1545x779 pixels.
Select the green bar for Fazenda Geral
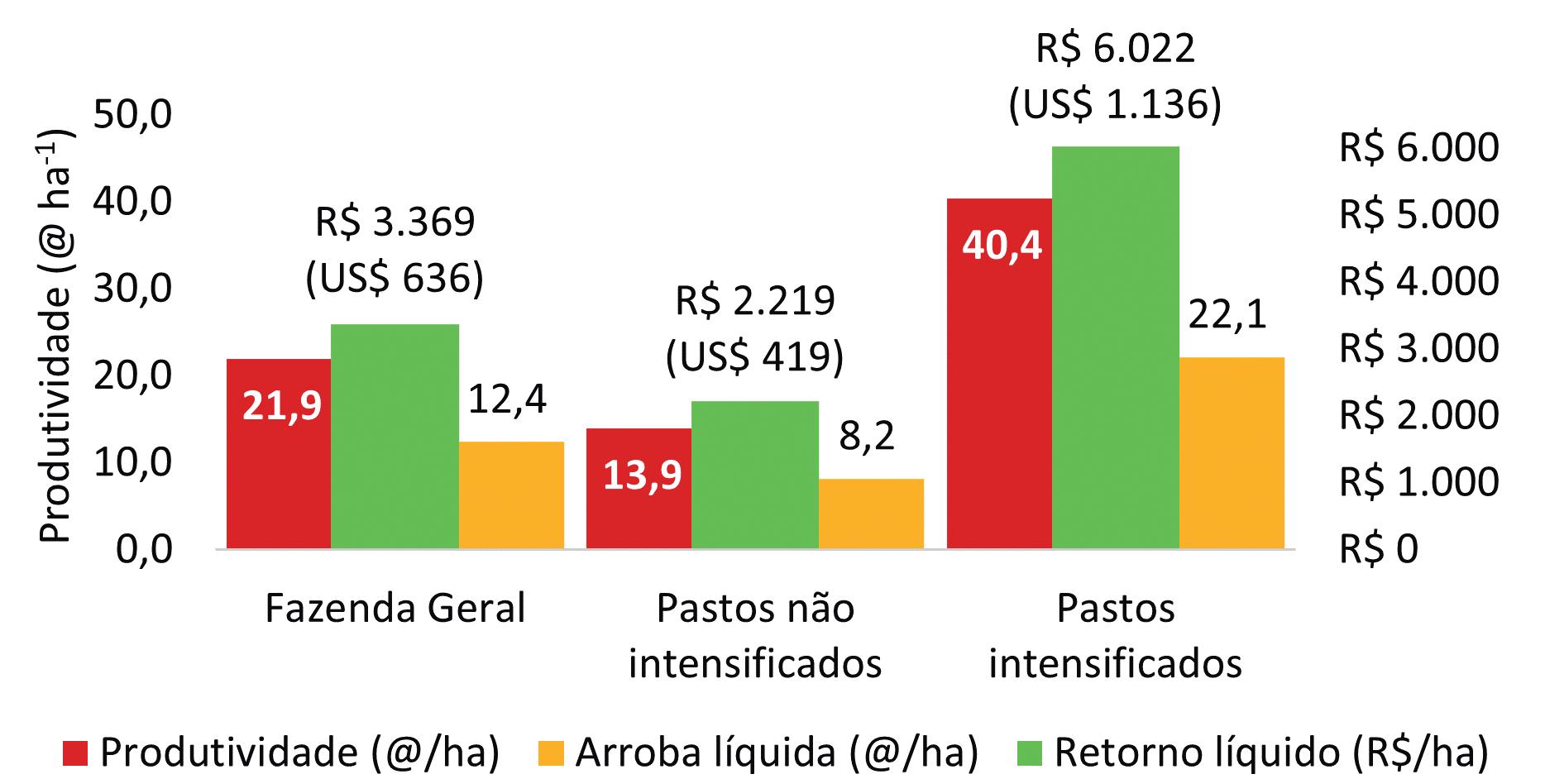tap(395, 436)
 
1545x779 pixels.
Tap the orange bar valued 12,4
tap(511, 495)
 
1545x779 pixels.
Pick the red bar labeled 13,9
tap(639, 488)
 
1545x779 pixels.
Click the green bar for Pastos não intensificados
tap(755, 475)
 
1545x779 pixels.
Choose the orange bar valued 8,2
tap(871, 514)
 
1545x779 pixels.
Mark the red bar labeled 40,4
tap(999, 373)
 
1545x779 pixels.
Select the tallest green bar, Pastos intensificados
tap(1116, 347)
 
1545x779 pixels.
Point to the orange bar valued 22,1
tap(1232, 452)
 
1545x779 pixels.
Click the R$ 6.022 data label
tap(1116, 49)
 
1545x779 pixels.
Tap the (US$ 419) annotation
tap(755, 356)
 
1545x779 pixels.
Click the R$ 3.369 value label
tap(395, 222)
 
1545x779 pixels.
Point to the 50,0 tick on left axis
tap(132, 116)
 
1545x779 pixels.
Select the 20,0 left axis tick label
tap(132, 376)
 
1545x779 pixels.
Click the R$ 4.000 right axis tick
tap(1418, 281)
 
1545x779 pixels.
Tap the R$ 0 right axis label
tap(1379, 548)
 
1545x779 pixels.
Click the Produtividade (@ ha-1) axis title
tap(55, 337)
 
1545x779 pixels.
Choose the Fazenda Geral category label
tap(395, 609)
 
